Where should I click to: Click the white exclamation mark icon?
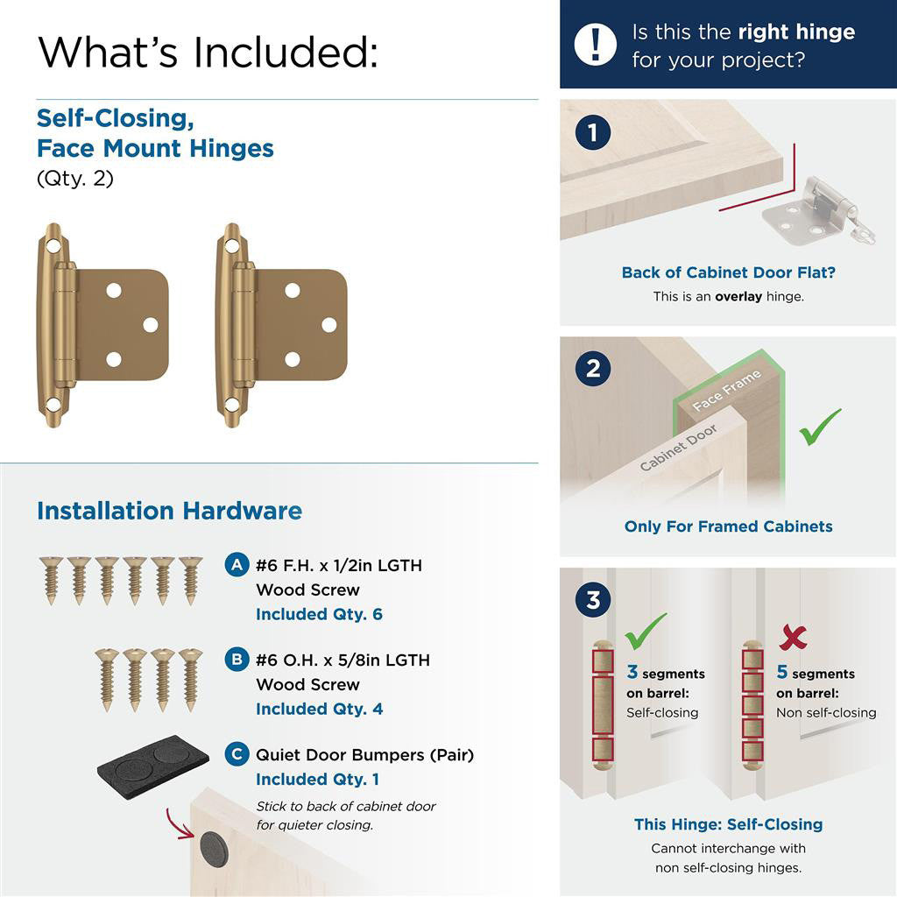[x=596, y=44]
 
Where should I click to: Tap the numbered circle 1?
[x=593, y=133]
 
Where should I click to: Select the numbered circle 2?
[x=593, y=369]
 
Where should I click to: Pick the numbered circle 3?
[x=593, y=601]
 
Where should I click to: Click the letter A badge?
[x=236, y=565]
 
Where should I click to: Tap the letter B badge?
[x=236, y=659]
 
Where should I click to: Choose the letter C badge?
[x=236, y=753]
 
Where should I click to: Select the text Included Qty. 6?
[x=319, y=614]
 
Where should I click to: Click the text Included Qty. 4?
[x=319, y=709]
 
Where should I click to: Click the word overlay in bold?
[x=738, y=296]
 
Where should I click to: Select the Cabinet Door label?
[x=679, y=447]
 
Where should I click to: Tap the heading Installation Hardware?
[x=169, y=511]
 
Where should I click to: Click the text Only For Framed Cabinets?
[x=728, y=526]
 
